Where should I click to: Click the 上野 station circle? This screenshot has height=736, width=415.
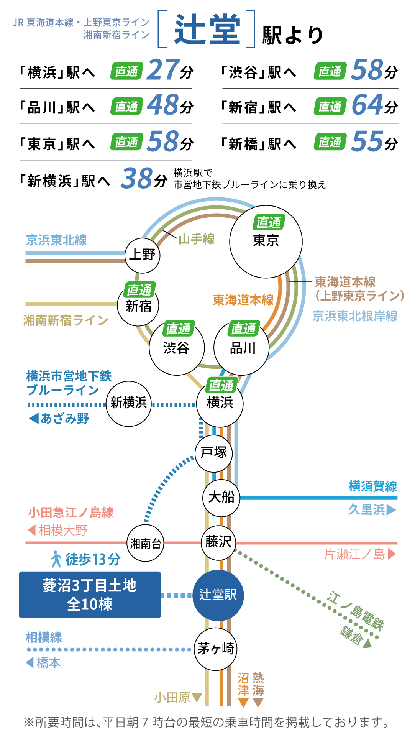(142, 255)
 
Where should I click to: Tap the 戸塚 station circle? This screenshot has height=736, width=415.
(214, 453)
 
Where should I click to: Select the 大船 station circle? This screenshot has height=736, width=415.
(221, 498)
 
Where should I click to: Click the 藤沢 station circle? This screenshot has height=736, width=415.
(218, 542)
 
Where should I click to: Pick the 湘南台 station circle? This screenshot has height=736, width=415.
(145, 543)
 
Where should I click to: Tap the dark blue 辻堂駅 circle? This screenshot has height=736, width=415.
(218, 595)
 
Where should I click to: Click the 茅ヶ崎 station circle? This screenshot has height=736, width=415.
(216, 649)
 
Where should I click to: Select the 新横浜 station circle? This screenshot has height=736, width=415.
(129, 403)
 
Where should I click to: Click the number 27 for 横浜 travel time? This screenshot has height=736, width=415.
(163, 70)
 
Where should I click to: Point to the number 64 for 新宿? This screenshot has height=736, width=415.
(367, 105)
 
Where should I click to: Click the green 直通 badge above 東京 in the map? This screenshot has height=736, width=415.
(269, 222)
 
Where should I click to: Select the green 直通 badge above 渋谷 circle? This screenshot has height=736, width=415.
(178, 329)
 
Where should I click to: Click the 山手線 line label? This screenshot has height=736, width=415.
(197, 239)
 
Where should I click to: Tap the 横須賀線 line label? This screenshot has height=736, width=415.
(372, 486)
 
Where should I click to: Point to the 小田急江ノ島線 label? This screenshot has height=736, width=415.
(71, 513)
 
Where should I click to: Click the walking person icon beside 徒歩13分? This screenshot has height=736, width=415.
(56, 559)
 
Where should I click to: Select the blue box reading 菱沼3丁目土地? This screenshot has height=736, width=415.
(90, 595)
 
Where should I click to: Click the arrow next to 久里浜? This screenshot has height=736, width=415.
(391, 510)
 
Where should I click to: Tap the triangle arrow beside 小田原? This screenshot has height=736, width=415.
(197, 697)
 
